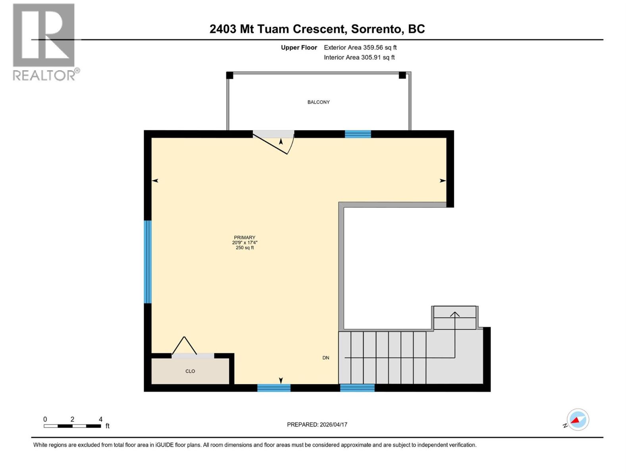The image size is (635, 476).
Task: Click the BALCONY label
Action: coord(318,102)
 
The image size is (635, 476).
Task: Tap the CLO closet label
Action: coord(190,371)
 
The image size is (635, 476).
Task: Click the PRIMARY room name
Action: coord(244,238)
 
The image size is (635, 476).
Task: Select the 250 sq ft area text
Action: coord(244,248)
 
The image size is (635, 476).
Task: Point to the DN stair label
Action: coord(326,358)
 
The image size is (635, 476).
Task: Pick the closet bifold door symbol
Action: coord(184,346)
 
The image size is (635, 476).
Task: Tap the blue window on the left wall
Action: coord(148,262)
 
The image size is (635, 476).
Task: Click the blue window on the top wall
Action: coord(358,134)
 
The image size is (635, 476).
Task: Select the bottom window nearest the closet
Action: coord(274,388)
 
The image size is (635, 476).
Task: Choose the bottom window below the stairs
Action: coord(357,388)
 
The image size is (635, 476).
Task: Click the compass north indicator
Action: coord(577,420)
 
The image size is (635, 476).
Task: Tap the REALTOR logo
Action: coord(44,42)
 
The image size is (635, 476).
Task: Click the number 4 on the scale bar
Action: coord(100,419)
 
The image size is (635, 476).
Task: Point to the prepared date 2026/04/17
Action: coord(333,424)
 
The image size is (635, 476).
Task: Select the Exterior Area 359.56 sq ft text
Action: coord(360,48)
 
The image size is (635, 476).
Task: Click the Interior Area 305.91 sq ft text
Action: coord(359,58)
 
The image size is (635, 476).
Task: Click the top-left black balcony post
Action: coord(229,75)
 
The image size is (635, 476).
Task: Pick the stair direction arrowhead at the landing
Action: coord(455,314)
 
